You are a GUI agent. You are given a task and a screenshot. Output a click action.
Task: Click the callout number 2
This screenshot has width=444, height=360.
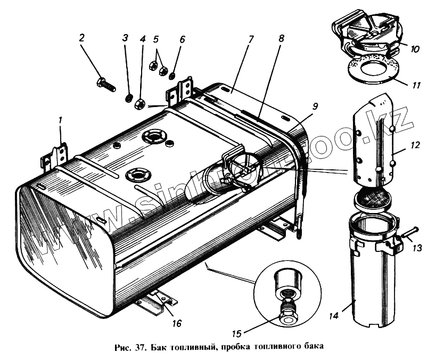(x=82, y=38)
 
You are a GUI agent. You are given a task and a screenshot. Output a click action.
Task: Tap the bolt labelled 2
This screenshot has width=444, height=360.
(x=106, y=85)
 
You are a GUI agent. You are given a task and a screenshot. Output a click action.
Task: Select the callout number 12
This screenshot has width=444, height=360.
(x=416, y=144)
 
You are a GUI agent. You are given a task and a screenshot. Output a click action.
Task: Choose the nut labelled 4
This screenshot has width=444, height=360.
(x=141, y=103)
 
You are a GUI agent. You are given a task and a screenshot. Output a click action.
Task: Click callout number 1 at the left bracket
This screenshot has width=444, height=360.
(x=61, y=121)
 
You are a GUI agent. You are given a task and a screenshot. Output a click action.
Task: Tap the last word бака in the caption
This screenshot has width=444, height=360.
(x=311, y=346)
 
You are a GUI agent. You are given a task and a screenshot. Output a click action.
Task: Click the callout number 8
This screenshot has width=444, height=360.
(x=281, y=38)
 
